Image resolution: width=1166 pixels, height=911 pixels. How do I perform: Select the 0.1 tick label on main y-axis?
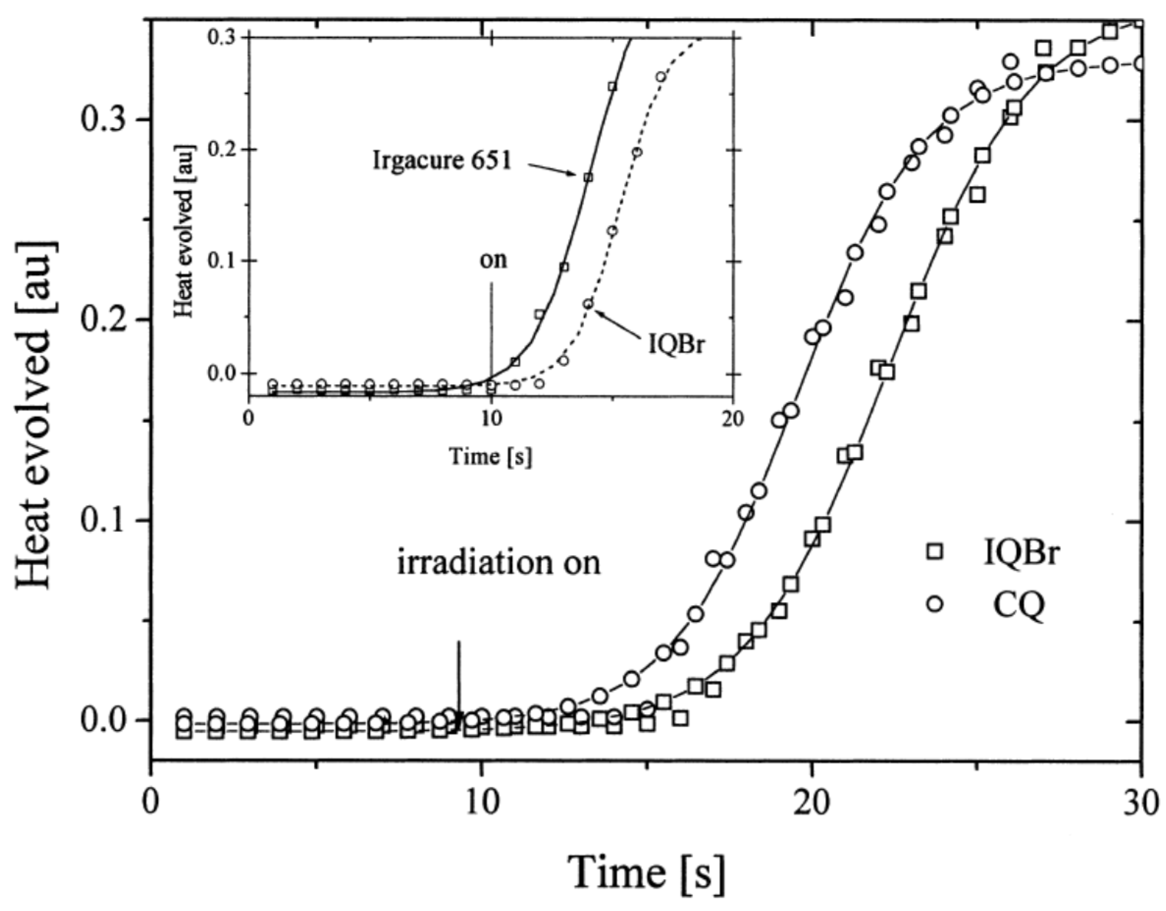(x=105, y=520)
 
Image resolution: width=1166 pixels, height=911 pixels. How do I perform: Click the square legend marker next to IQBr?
(x=934, y=551)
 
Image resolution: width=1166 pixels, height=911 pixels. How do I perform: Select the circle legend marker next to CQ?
(x=934, y=604)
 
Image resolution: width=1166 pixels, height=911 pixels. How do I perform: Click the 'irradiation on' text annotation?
(x=499, y=563)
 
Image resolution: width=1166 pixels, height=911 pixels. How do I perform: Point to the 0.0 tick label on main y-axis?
(x=105, y=721)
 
